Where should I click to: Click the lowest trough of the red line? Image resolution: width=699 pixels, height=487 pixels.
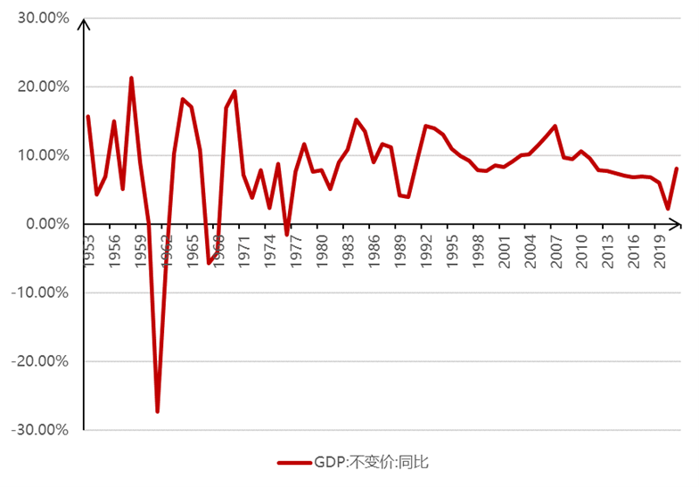pos(158,411)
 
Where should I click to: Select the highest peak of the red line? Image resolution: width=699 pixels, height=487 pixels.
pos(131,78)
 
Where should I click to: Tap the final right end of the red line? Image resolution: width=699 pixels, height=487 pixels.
pos(677,169)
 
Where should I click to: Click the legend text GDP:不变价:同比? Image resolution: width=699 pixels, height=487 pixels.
pos(371,463)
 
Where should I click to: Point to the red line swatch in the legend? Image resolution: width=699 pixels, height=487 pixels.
pos(293,463)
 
